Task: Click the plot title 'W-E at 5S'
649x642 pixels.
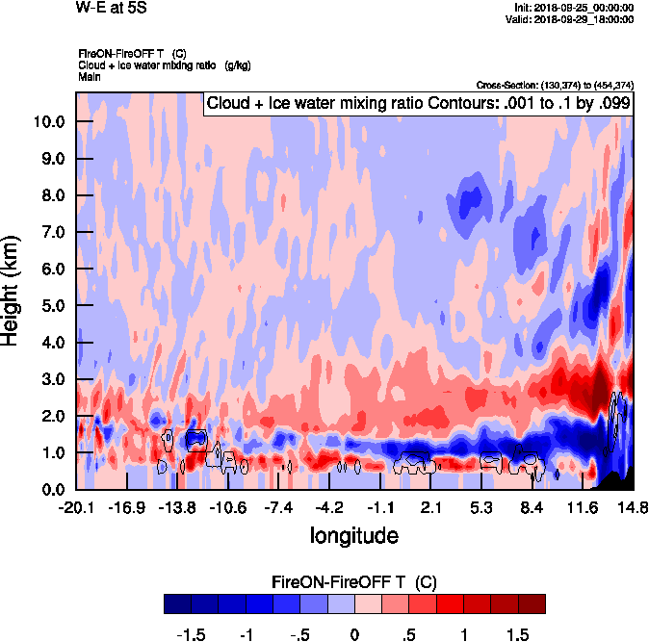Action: pyautogui.click(x=111, y=9)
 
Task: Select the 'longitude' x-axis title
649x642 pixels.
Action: pyautogui.click(x=353, y=533)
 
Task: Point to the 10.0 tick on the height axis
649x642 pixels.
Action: pyautogui.click(x=50, y=122)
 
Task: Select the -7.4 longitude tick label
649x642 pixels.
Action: pyautogui.click(x=277, y=507)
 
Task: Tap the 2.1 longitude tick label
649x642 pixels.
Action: pyautogui.click(x=431, y=507)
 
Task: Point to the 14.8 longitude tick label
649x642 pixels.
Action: pyautogui.click(x=632, y=507)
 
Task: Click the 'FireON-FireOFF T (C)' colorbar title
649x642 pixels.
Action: pyautogui.click(x=354, y=581)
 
